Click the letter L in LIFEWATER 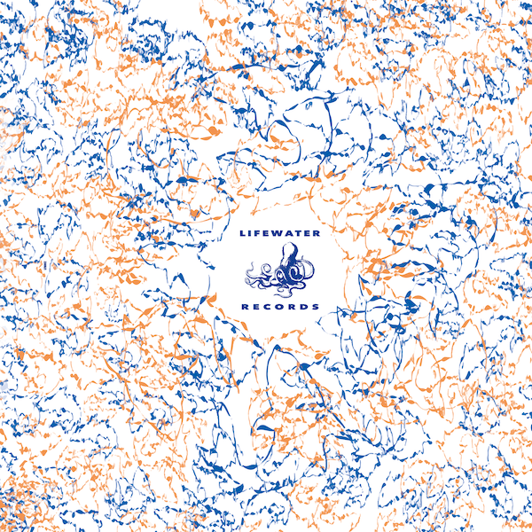click(x=243, y=235)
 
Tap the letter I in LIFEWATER click(x=252, y=235)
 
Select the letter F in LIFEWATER click(x=260, y=235)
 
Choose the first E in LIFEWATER click(x=269, y=235)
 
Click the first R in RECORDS click(x=245, y=306)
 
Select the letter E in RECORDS click(x=256, y=306)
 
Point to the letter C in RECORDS click(x=267, y=306)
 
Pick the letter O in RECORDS click(x=278, y=306)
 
